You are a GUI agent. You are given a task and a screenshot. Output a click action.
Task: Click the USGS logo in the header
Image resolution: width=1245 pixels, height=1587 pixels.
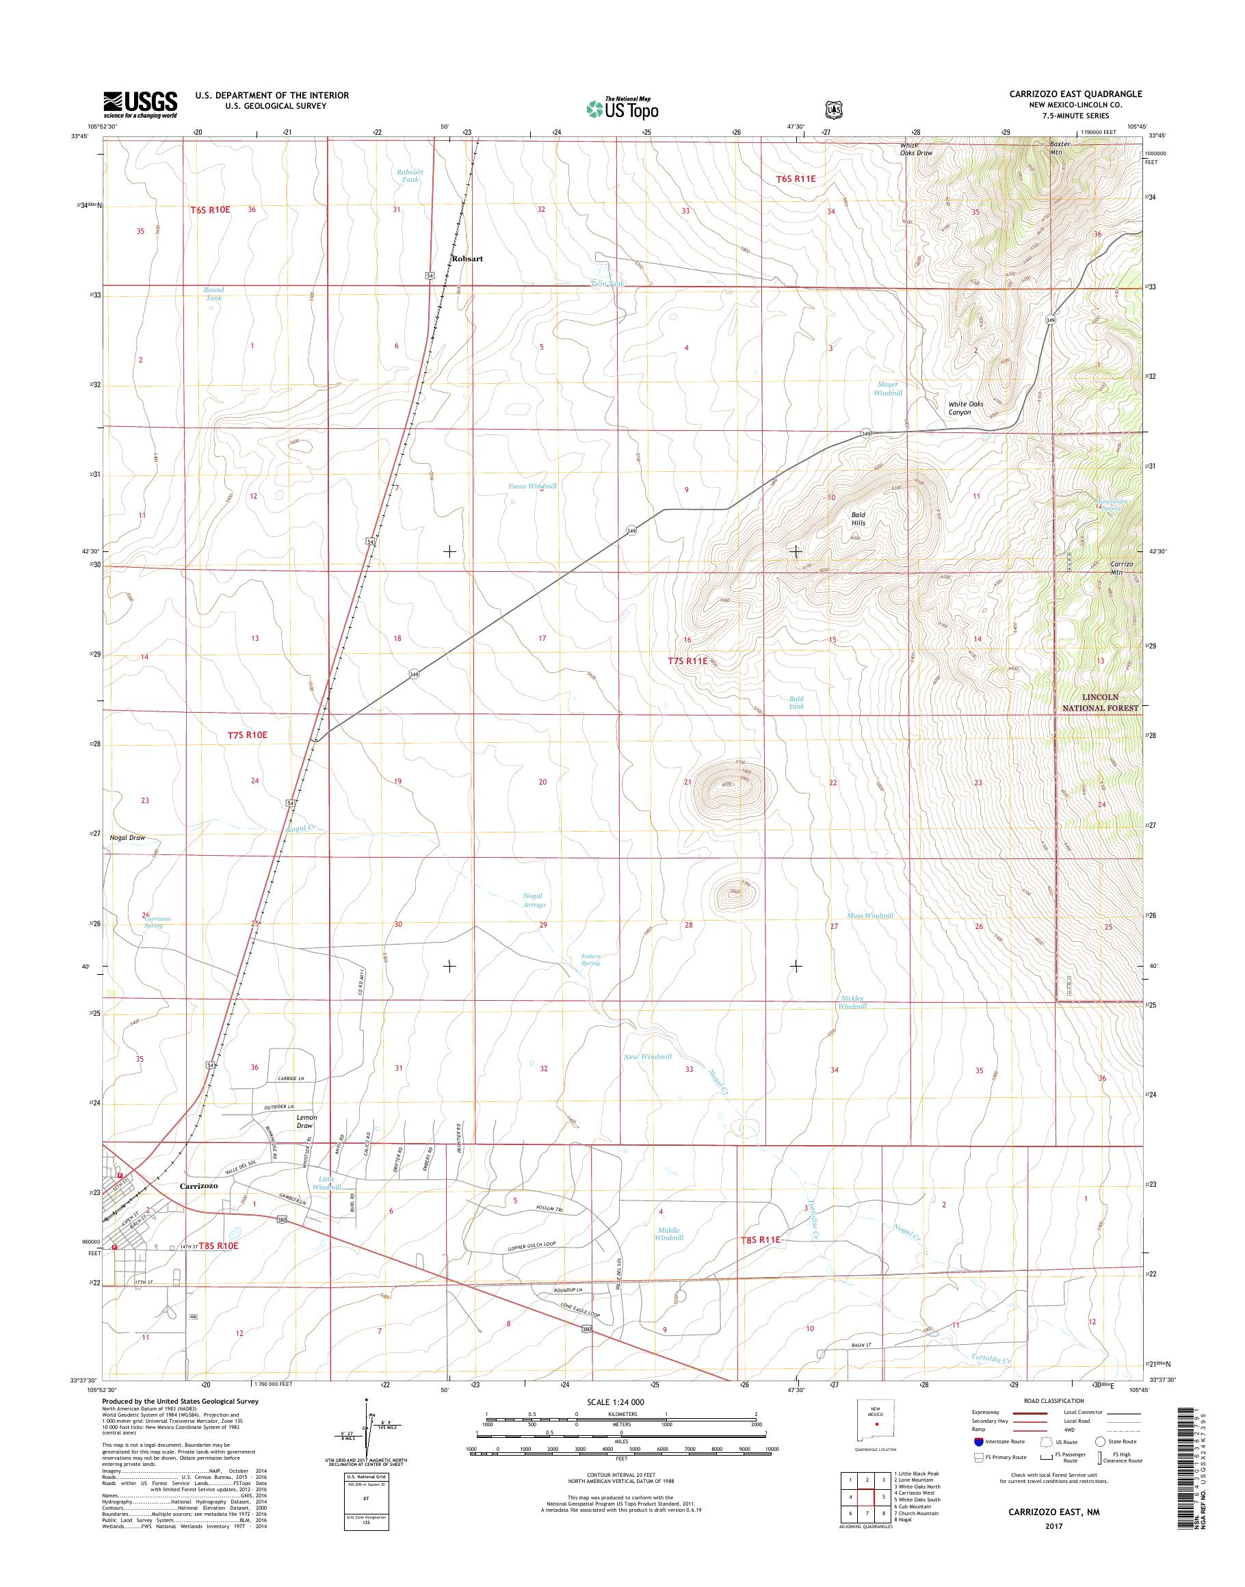click(x=141, y=104)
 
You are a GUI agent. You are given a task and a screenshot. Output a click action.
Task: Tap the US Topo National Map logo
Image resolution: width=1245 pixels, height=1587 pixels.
click(x=622, y=109)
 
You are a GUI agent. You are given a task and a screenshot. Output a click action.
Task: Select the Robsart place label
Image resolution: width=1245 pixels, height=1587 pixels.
click(x=467, y=259)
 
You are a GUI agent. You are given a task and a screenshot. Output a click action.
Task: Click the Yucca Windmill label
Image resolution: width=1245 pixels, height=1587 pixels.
click(x=532, y=486)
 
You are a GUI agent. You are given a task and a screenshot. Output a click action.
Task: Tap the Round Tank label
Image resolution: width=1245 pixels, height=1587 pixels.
click(x=213, y=293)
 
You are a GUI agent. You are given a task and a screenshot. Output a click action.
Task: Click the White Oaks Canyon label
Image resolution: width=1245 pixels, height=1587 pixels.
click(x=965, y=408)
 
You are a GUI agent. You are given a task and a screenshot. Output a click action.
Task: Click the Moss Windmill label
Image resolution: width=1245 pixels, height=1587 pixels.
click(x=869, y=916)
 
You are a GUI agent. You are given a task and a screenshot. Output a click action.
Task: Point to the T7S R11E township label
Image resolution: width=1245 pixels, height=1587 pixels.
click(x=687, y=661)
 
